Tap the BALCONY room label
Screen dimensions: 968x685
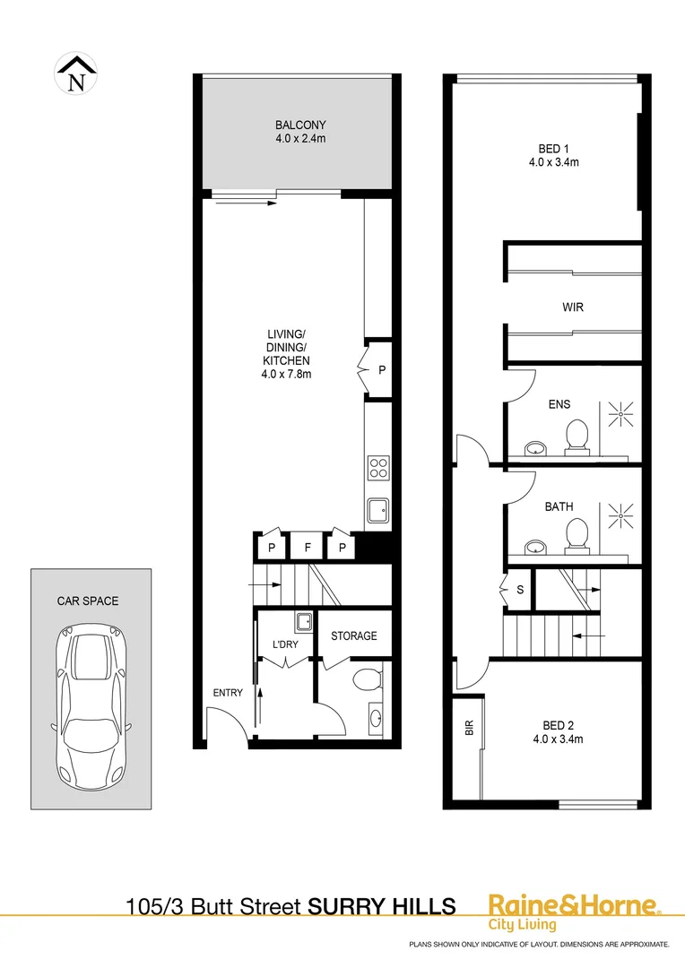click(x=300, y=125)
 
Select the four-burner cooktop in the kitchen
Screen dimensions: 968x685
click(x=378, y=468)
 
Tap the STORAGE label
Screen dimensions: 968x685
click(x=354, y=636)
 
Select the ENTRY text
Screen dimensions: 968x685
click(x=228, y=693)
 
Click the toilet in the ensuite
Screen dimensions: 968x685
click(x=576, y=437)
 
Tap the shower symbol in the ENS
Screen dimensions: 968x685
click(x=620, y=412)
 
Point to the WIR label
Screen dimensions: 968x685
click(x=573, y=307)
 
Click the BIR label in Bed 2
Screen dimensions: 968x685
click(x=468, y=729)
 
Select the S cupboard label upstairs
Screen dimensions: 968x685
click(x=519, y=590)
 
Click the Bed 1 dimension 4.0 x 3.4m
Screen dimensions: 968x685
click(x=553, y=162)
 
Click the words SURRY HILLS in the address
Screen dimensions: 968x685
click(x=381, y=906)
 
